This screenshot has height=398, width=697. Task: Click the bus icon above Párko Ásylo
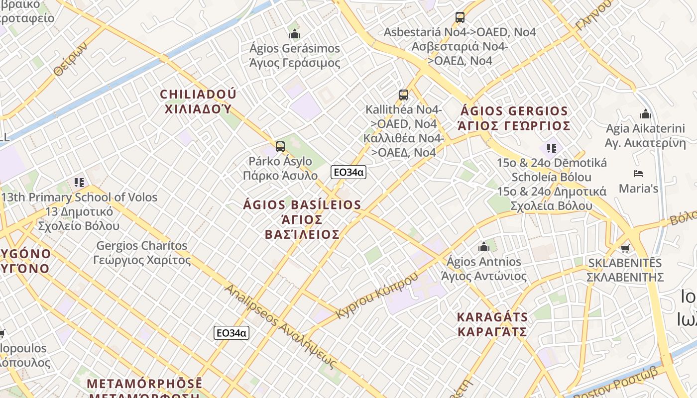[x=280, y=146]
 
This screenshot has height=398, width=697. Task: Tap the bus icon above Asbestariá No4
[x=460, y=17]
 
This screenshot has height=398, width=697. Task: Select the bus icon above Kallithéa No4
[x=404, y=95]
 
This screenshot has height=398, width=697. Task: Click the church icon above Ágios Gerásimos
[x=295, y=34]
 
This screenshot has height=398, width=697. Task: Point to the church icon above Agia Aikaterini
[x=646, y=114]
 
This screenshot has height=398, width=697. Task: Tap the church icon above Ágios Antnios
[x=484, y=247]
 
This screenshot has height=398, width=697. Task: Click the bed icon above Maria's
[x=638, y=174]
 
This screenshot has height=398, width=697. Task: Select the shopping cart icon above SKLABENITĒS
[x=625, y=248]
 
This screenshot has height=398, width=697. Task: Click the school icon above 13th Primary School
[x=79, y=183]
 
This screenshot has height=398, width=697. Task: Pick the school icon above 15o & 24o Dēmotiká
[x=551, y=148]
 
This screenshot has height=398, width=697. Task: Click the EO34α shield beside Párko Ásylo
[x=348, y=172]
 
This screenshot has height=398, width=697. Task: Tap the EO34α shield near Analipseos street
[x=232, y=333]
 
